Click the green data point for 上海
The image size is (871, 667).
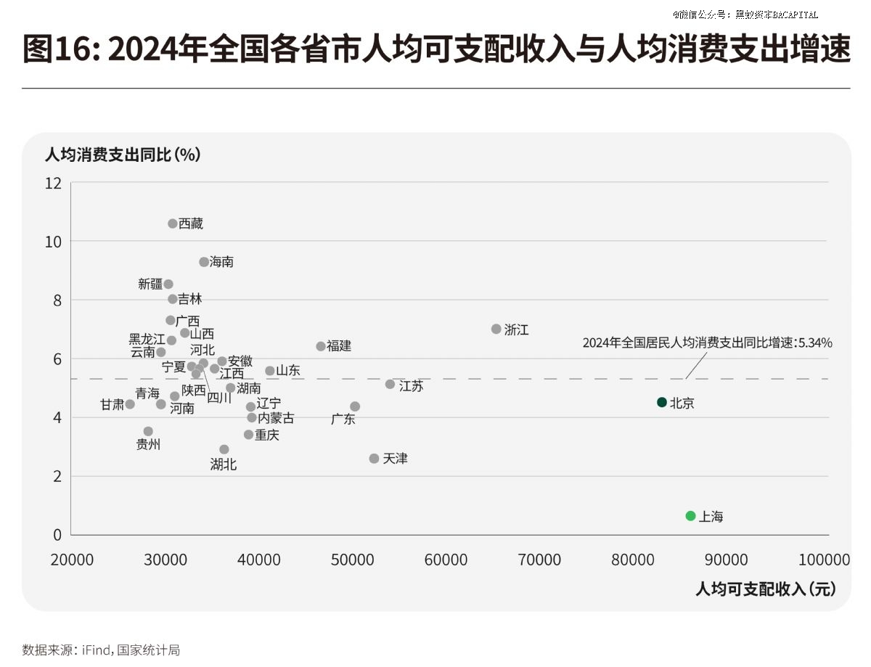pyautogui.click(x=690, y=515)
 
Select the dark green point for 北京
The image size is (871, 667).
pyautogui.click(x=661, y=402)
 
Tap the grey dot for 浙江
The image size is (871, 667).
pyautogui.click(x=496, y=329)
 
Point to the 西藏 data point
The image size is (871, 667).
pyautogui.click(x=173, y=224)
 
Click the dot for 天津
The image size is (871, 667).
pyautogui.click(x=374, y=459)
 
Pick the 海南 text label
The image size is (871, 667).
pyautogui.click(x=221, y=262)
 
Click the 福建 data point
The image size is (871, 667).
pyautogui.click(x=321, y=346)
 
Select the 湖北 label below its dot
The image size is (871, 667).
pyautogui.click(x=224, y=465)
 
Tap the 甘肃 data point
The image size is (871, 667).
pyautogui.click(x=130, y=404)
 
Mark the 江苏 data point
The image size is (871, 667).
pyautogui.click(x=390, y=384)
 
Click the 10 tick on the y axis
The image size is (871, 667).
pyautogui.click(x=54, y=241)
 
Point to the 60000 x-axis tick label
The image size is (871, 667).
pyautogui.click(x=446, y=560)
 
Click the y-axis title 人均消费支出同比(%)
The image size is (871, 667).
pyautogui.click(x=123, y=155)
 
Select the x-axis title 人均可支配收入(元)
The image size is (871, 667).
pyautogui.click(x=766, y=589)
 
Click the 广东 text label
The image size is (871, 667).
pyautogui.click(x=343, y=419)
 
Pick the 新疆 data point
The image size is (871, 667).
pyautogui.click(x=168, y=284)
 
